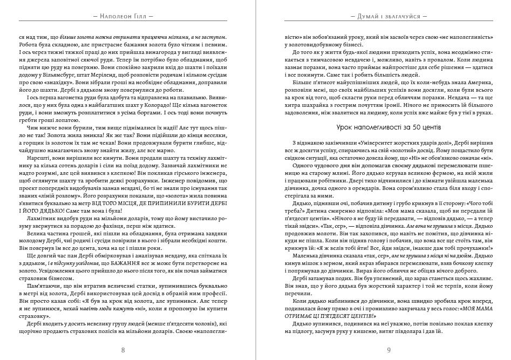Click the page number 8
pyautogui.click(x=123, y=350)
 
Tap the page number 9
pyautogui.click(x=388, y=350)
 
